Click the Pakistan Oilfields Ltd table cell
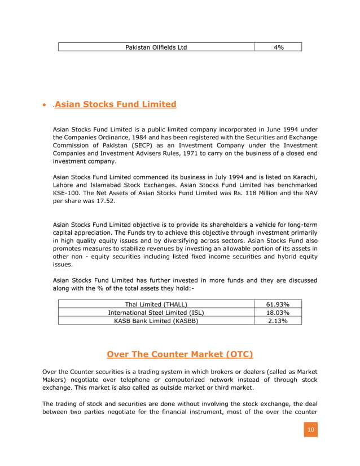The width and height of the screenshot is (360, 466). tap(156, 47)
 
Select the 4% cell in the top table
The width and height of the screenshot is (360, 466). tap(278, 47)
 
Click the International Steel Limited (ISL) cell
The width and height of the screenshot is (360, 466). tap(156, 313)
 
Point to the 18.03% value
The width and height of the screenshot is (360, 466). tap(278, 313)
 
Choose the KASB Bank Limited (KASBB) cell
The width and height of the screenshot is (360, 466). tap(156, 320)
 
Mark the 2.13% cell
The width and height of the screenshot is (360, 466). tap(278, 320)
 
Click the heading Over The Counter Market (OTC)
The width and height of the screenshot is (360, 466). tap(179, 354)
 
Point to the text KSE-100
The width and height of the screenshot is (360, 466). tap(67, 192)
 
